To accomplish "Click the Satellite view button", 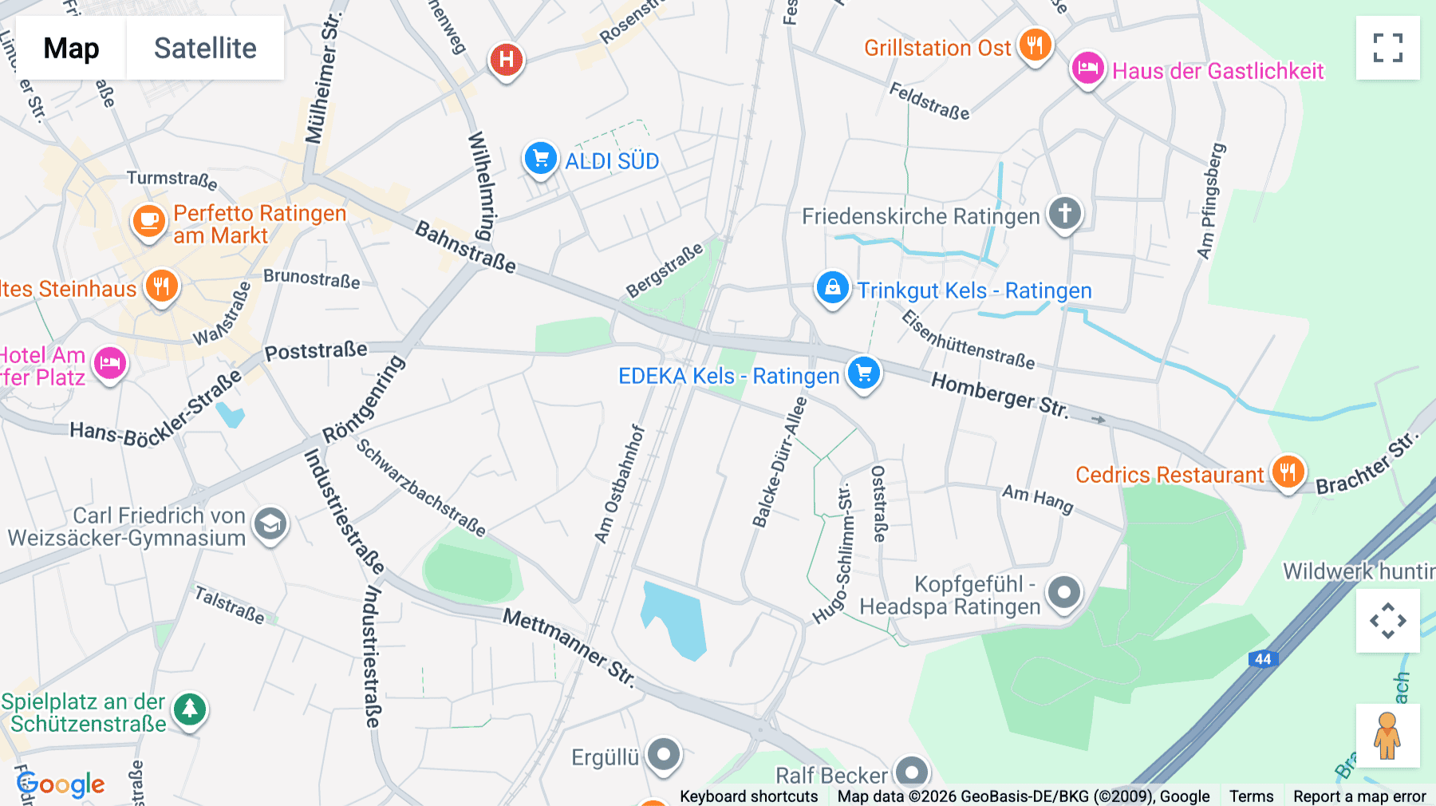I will click(205, 48).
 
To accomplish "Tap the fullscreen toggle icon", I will click(1387, 48).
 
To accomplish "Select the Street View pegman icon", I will click(1387, 735).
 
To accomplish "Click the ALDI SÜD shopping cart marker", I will click(540, 158).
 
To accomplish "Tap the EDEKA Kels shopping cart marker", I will click(864, 373).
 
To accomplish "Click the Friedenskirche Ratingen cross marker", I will click(1064, 214).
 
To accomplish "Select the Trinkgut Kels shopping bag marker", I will click(832, 288).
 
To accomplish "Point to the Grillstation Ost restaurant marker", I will click(1035, 45).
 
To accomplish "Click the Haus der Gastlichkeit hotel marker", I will click(1087, 69).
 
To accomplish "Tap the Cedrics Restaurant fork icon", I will click(1288, 472).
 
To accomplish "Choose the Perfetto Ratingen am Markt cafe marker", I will click(148, 221).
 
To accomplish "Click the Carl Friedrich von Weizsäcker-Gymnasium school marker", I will click(270, 524).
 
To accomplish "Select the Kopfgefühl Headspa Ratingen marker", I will click(1064, 593).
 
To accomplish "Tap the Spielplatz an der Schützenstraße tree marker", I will click(190, 709).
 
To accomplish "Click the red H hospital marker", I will click(506, 59).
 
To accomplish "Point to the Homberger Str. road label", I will click(999, 395).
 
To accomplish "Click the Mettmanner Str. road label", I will click(569, 646).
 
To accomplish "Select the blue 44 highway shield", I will click(1263, 658).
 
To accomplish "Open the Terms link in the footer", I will click(1251, 796).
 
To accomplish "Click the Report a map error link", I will click(1359, 796).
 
